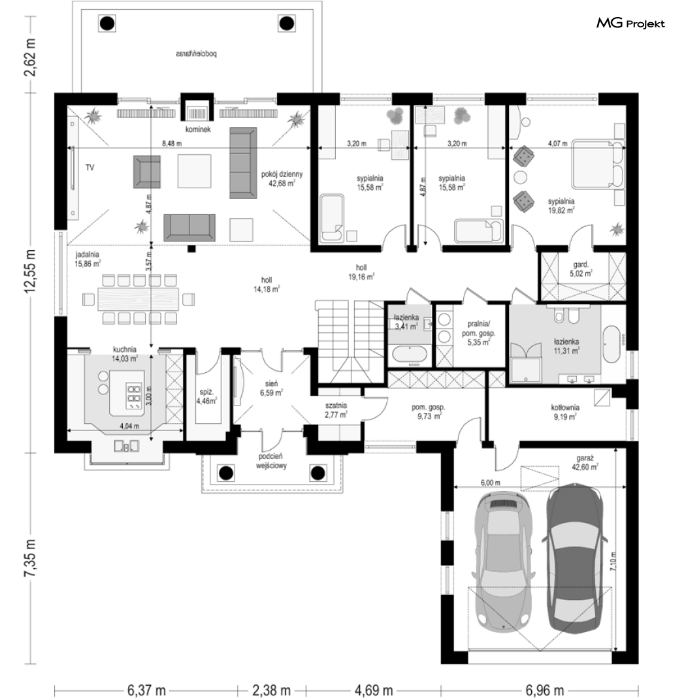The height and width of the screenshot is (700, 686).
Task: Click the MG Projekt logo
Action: pos(630,24)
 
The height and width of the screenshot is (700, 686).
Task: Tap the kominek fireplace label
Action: pos(198,129)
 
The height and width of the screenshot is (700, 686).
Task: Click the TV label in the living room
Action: pos(90,167)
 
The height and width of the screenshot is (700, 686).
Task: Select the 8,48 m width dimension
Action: pos(172,143)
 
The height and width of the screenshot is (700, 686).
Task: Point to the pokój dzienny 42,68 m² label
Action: pos(282,178)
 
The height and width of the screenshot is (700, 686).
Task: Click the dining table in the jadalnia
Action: pos(138,298)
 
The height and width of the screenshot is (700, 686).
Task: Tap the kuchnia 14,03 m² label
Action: pos(125,353)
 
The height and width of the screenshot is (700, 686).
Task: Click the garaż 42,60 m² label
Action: pos(585,462)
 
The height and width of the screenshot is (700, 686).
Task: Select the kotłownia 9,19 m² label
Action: pos(565,412)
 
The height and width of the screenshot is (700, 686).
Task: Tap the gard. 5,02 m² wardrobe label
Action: pos(581,269)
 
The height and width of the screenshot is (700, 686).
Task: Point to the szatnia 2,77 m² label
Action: pos(336,410)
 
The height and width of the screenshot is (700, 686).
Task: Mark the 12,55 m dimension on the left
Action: pos(30,272)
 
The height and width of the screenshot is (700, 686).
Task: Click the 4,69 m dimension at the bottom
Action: pos(374,691)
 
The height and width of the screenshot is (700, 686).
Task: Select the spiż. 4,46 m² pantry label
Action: pos(207,396)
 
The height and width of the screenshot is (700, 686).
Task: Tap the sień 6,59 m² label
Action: pos(271,389)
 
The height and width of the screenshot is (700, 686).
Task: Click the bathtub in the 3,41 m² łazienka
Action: pos(410,355)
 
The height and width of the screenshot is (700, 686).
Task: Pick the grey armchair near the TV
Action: pos(147,172)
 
